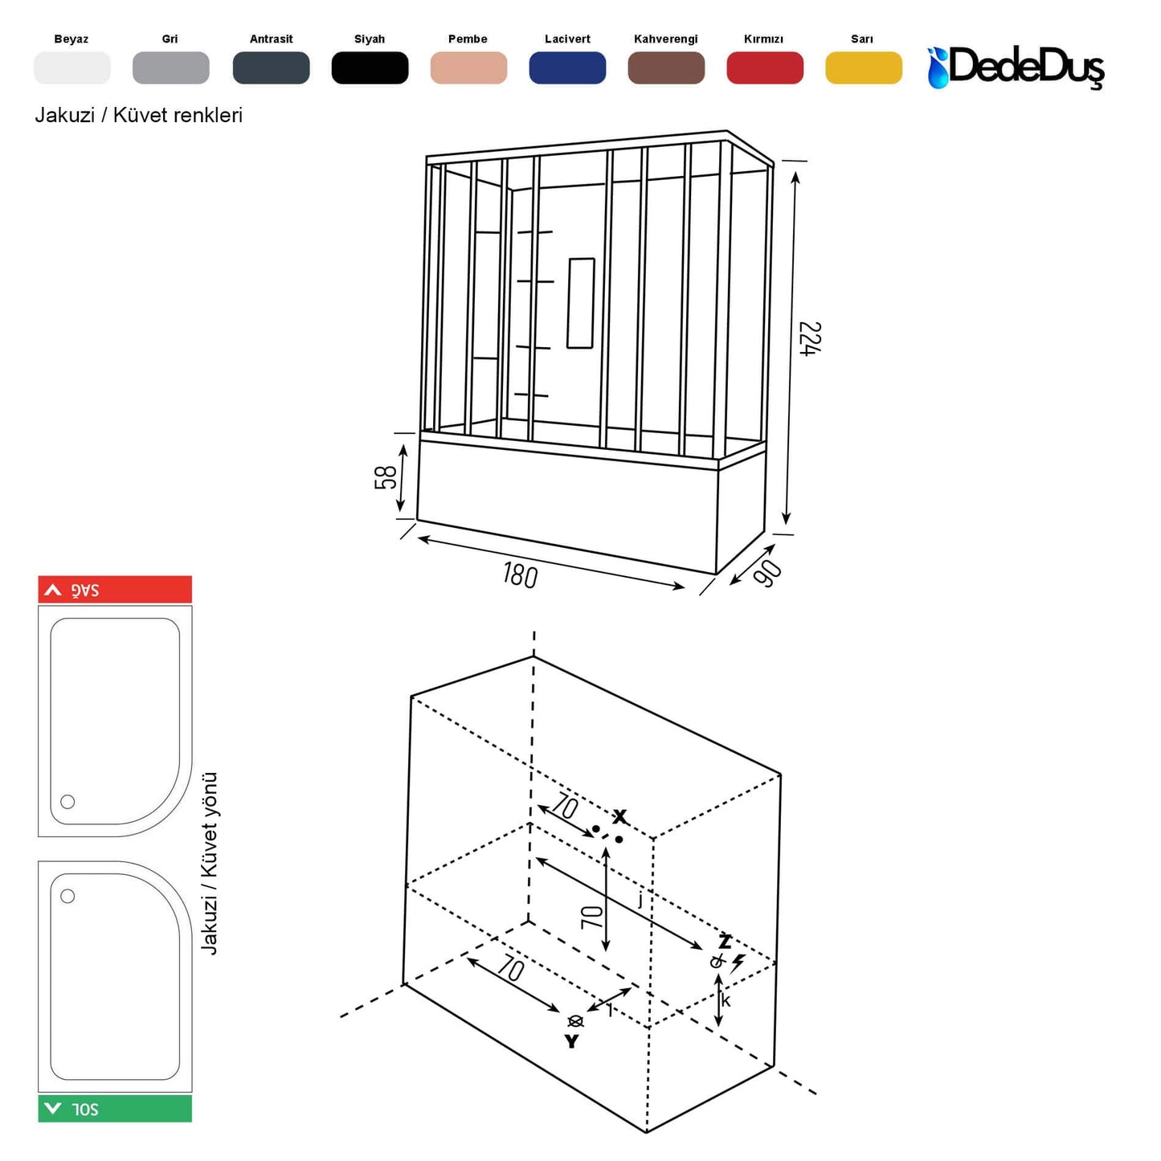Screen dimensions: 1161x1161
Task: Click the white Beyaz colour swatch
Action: pyautogui.click(x=72, y=67)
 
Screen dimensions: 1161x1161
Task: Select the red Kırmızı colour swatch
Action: pyautogui.click(x=764, y=67)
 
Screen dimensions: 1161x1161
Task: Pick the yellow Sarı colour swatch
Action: pyautogui.click(x=863, y=67)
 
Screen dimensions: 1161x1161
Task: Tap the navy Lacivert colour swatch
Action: pyautogui.click(x=567, y=67)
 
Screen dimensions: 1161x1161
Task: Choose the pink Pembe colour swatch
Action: pyautogui.click(x=468, y=67)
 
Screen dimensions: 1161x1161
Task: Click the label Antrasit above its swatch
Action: pyautogui.click(x=271, y=39)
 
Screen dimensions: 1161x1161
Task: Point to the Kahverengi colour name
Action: pyautogui.click(x=665, y=39)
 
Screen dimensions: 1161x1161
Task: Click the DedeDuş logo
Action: pyautogui.click(x=1016, y=67)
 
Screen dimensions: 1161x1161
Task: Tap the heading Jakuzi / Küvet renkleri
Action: pyautogui.click(x=138, y=115)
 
